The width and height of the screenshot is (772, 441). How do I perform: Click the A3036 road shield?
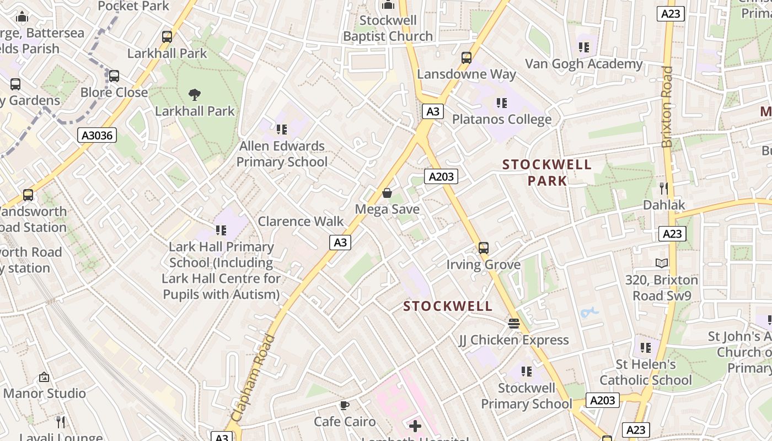pos(97,135)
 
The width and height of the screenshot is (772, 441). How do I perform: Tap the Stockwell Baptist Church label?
pos(388,28)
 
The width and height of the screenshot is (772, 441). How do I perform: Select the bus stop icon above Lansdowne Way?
pos(467,58)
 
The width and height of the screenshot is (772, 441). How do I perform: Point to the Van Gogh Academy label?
pos(584,64)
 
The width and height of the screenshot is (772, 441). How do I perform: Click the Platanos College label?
pos(502,119)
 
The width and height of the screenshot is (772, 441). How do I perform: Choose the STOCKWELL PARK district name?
pos(547,173)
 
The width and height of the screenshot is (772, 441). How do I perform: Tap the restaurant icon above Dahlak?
pos(664,189)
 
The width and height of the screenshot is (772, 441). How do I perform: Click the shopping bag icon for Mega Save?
pos(387,193)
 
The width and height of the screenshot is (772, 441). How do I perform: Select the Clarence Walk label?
pos(301,221)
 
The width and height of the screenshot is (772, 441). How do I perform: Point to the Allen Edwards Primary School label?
pos(282,154)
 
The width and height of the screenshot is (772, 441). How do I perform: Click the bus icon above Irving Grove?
pos(484,248)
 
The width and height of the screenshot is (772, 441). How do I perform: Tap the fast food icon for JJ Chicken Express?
pos(514,324)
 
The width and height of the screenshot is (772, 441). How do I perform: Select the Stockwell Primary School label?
pos(527,396)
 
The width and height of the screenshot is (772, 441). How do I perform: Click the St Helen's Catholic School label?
pos(646,372)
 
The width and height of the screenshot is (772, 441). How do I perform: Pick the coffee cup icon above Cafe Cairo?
pos(345,406)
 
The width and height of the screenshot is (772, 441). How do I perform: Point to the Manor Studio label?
pos(45,393)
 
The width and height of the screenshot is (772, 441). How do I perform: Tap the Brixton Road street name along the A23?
pos(668,107)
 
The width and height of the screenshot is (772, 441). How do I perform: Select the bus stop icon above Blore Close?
pos(114,76)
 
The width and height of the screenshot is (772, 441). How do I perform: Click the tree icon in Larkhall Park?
pos(195,95)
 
